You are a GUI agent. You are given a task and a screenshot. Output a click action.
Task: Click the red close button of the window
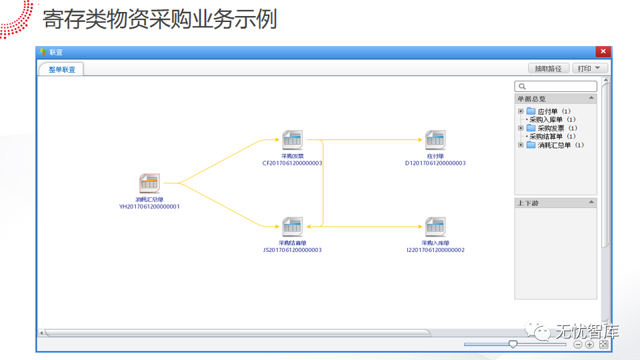[603, 51]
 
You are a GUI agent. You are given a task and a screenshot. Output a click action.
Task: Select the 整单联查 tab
[61, 69]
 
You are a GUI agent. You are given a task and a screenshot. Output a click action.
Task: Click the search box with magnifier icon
[556, 87]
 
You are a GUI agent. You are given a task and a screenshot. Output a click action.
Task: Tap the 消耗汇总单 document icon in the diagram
[149, 183]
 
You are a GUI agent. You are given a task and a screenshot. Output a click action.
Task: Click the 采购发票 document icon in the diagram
[292, 140]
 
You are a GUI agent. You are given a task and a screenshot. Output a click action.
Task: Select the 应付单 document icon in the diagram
[435, 140]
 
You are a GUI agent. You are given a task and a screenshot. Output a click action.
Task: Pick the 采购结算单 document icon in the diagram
[292, 227]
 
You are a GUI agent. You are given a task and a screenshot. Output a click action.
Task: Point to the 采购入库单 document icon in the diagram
[435, 227]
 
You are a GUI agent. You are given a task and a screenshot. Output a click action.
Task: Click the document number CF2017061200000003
[292, 163]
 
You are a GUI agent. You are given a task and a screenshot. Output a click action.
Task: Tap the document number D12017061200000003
[435, 163]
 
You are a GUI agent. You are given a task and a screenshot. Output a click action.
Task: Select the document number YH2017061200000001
[149, 207]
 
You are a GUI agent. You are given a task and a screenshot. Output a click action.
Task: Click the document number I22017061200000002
[435, 250]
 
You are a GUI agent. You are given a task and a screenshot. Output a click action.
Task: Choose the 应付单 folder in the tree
[547, 111]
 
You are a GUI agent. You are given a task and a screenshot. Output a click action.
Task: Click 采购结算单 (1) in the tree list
[552, 137]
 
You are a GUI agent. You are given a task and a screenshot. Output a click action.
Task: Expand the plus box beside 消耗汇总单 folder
[521, 145]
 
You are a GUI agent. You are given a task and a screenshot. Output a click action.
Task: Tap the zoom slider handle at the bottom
[513, 344]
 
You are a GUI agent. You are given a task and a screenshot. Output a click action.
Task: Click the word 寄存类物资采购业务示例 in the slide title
[160, 19]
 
